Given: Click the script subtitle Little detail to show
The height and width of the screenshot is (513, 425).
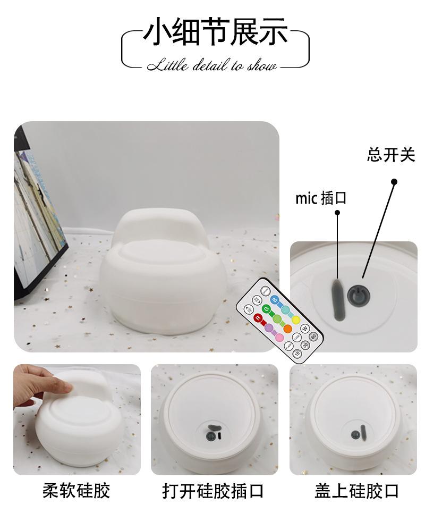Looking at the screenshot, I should tap(212, 66).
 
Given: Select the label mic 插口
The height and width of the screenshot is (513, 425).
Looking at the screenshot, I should tap(321, 198).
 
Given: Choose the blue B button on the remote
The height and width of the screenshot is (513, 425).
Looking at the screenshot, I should tap(275, 300).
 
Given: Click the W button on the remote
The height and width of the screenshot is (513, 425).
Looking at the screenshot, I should tap(305, 329).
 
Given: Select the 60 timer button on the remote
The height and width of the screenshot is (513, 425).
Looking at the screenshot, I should tap(313, 336).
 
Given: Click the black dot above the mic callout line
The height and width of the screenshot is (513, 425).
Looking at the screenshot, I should tap(337, 213).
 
